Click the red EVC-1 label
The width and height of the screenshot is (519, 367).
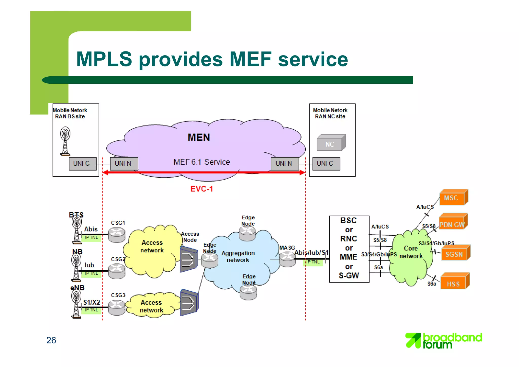pos(201,189)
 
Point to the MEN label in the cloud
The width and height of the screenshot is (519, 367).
pos(199,137)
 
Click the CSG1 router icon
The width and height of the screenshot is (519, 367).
pos(117,234)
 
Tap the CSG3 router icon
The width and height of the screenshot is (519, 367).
pos(117,307)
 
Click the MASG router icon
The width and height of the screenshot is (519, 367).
pos(287,259)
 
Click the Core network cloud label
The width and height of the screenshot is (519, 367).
pos(411,252)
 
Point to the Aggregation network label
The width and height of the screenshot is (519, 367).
pos(238,256)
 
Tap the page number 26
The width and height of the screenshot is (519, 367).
pos(51,340)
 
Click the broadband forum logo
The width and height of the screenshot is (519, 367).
pos(443,341)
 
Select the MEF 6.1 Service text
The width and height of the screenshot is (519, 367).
pos(202,162)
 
